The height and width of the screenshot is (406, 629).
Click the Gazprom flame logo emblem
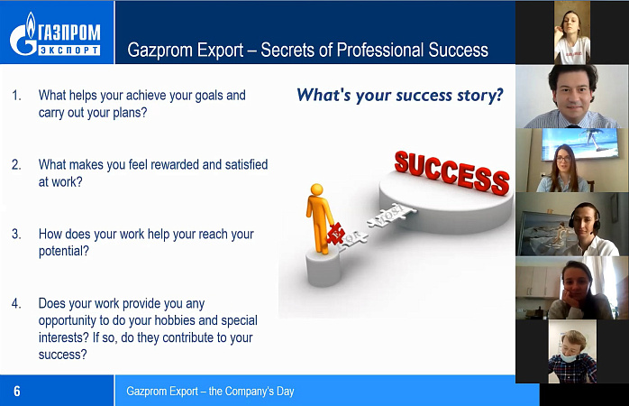(23, 34)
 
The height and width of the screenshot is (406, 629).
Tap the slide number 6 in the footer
(17, 392)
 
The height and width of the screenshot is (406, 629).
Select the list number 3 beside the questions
(16, 234)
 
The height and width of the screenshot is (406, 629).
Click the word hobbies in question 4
(175, 320)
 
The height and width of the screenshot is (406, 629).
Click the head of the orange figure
(316, 189)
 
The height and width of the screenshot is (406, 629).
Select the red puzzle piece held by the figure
(335, 234)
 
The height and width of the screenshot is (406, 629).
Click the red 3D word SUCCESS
(451, 172)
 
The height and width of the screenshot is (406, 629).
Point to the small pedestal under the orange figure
(324, 266)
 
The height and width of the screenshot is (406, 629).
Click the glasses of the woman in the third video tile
(563, 159)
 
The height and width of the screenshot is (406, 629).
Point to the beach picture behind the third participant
(580, 143)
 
